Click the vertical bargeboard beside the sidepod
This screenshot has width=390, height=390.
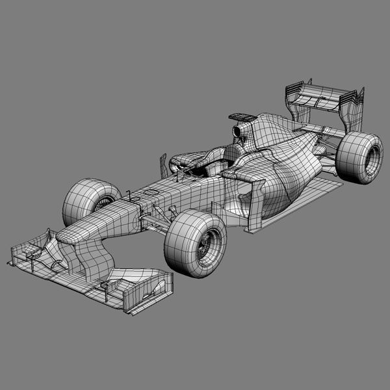(x=257, y=208)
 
